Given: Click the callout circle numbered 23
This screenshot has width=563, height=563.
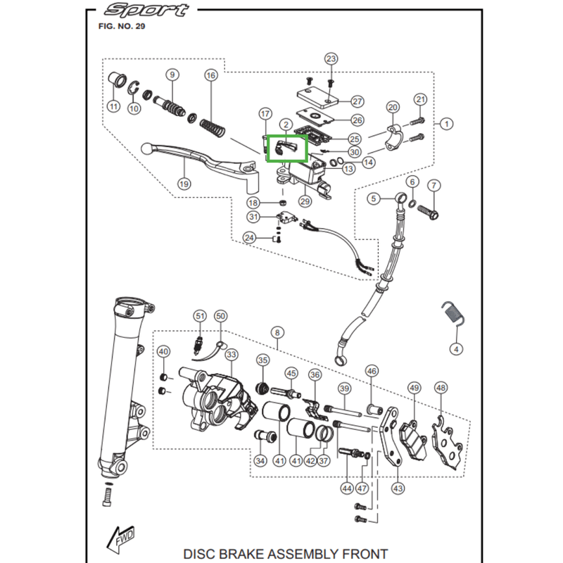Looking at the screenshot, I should (331, 58).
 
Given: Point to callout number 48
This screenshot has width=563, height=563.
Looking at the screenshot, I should (441, 388).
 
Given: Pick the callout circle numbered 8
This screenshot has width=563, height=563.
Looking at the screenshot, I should (277, 332).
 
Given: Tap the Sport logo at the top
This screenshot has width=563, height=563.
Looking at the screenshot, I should (146, 11).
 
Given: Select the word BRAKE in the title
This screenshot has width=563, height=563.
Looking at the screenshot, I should (251, 553).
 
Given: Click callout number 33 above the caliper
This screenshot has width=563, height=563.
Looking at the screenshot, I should (231, 355).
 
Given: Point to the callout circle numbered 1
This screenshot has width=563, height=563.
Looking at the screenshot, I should (445, 123).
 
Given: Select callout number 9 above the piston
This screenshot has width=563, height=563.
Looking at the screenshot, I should (171, 75).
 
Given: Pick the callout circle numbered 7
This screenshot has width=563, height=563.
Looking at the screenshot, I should (434, 186).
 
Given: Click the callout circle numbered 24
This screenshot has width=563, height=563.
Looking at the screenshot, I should (248, 238).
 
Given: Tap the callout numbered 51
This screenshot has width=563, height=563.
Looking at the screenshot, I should (200, 317).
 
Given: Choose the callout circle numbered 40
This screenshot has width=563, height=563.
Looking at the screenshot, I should (163, 352).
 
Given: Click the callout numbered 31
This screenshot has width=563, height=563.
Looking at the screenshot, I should (253, 216).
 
